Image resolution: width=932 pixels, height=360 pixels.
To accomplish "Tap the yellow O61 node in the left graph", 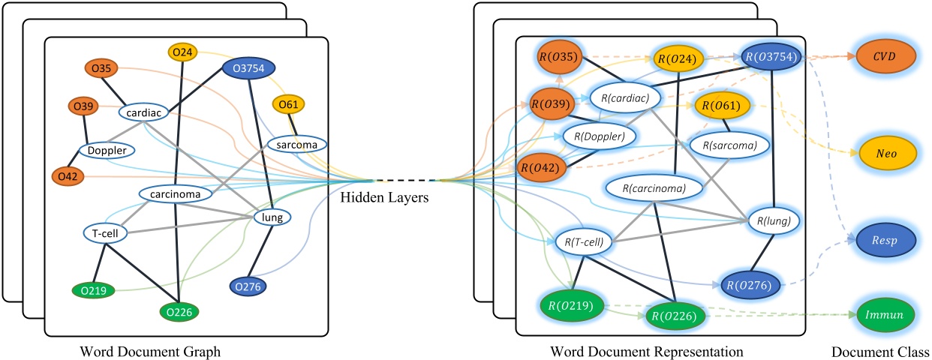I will [288, 104].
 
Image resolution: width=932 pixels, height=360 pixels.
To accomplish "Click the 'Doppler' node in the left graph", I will [107, 151].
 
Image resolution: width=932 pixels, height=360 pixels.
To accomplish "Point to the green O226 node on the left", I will [179, 310].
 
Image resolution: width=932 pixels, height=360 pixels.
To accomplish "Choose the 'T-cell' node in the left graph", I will [106, 232].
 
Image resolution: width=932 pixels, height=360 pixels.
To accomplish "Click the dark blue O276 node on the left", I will [248, 286].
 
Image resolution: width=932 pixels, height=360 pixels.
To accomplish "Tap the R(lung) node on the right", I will [774, 220].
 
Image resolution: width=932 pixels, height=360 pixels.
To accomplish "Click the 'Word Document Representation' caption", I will [646, 350].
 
